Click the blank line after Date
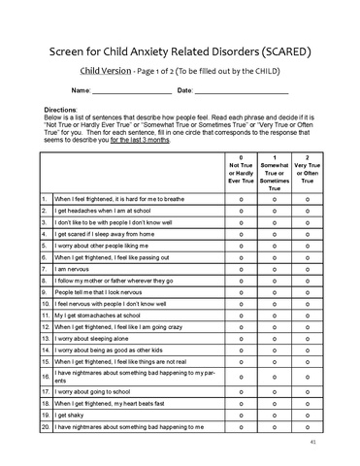[x=242, y=91]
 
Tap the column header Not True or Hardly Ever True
[x=241, y=171]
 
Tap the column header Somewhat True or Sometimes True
[x=276, y=173]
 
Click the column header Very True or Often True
[x=308, y=171]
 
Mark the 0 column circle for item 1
[x=241, y=198]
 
